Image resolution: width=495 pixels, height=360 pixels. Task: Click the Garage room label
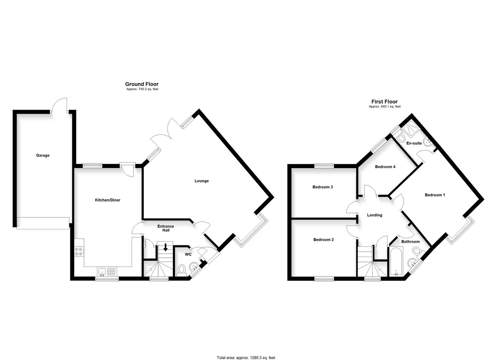click(x=43, y=155)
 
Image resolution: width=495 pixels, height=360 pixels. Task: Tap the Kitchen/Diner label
click(x=108, y=200)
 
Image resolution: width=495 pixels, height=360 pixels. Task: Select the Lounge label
click(x=202, y=181)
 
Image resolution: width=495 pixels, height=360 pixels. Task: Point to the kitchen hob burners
click(x=79, y=251)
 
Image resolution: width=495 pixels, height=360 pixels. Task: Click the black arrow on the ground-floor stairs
click(x=165, y=248)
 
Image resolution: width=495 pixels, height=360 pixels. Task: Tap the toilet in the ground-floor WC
click(x=182, y=269)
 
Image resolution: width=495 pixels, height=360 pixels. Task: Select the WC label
click(x=188, y=254)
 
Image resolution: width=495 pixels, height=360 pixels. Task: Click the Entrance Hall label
click(x=166, y=228)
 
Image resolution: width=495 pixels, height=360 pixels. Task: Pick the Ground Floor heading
click(x=142, y=84)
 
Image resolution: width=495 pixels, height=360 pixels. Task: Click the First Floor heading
click(x=384, y=102)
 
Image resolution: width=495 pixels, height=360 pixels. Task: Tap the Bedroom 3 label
click(x=322, y=187)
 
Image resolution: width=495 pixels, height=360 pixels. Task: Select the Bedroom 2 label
click(x=323, y=240)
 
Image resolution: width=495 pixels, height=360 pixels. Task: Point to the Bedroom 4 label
click(x=385, y=167)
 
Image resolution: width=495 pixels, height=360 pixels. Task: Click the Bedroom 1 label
click(x=435, y=195)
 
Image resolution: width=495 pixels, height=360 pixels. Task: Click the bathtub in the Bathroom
click(x=396, y=262)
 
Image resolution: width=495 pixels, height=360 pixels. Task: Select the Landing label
click(x=374, y=215)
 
